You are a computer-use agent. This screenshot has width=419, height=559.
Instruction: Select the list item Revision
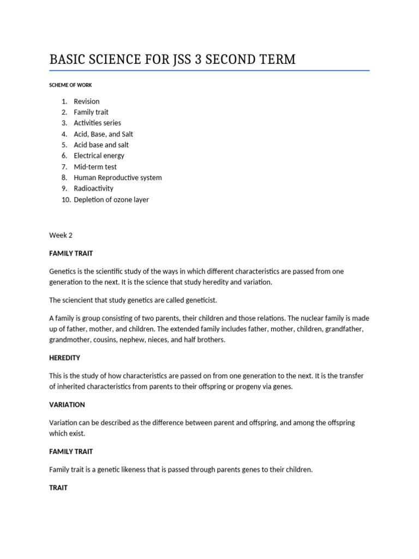[87, 101]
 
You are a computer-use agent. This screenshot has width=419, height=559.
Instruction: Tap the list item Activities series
[98, 123]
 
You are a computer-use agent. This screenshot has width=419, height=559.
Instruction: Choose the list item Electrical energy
[99, 156]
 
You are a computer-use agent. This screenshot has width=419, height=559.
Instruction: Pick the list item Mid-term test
[95, 166]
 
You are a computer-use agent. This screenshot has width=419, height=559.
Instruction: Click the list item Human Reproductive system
[118, 177]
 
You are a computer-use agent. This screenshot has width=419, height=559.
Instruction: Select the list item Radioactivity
[94, 188]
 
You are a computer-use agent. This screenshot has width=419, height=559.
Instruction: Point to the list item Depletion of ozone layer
[111, 199]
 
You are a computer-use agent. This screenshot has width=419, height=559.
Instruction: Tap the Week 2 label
[61, 235]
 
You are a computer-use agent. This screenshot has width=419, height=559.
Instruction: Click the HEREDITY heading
[65, 358]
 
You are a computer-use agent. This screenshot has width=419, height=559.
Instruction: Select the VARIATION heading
[67, 405]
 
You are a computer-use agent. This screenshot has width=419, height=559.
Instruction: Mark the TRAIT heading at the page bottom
[58, 487]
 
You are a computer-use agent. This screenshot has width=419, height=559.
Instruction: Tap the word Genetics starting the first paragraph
[64, 271]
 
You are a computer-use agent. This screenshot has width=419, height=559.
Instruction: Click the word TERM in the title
[278, 60]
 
